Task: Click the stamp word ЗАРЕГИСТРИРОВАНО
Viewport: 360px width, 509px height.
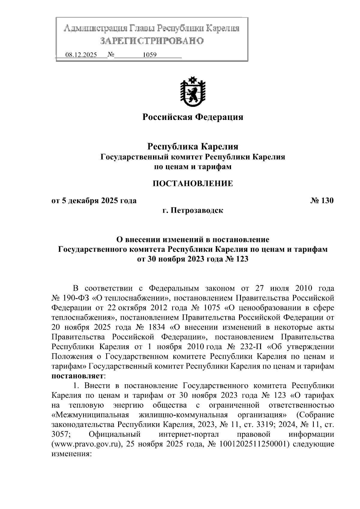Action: click(x=151, y=40)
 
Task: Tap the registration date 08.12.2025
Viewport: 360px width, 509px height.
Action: click(x=81, y=55)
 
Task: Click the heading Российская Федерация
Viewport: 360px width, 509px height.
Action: click(x=192, y=117)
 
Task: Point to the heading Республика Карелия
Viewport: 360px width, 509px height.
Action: click(x=192, y=147)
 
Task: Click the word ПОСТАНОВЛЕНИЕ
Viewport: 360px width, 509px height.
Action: click(x=192, y=184)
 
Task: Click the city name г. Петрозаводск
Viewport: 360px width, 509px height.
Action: click(x=192, y=211)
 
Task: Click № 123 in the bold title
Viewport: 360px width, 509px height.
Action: click(x=236, y=259)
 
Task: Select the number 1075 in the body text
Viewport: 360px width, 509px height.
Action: click(x=212, y=308)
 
